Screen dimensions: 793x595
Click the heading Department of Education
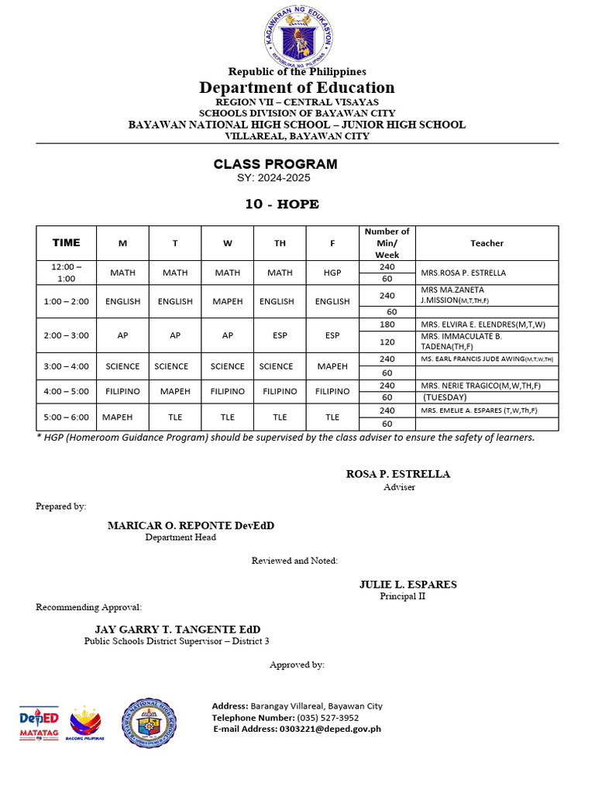(x=297, y=88)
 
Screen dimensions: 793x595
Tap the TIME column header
(x=66, y=242)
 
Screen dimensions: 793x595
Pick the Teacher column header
(x=487, y=243)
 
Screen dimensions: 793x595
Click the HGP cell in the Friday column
(x=332, y=273)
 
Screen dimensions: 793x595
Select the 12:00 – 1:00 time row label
(x=66, y=273)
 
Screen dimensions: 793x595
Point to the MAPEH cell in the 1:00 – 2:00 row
(x=227, y=301)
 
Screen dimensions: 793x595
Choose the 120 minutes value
(x=387, y=342)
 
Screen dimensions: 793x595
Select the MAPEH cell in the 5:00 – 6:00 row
(x=118, y=417)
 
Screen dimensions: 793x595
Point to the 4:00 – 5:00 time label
(x=66, y=392)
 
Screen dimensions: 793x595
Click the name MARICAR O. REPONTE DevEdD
(x=191, y=526)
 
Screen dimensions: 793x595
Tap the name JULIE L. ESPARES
(x=408, y=585)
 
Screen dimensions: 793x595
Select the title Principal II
(x=402, y=596)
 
